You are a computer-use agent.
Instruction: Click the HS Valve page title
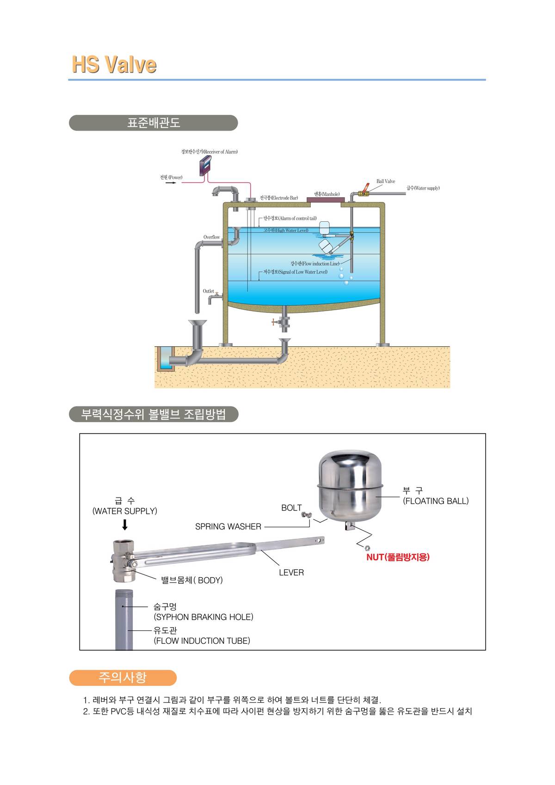114,64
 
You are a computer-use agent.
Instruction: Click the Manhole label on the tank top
327,194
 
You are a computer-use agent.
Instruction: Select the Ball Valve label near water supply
385,181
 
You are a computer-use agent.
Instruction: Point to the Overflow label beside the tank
211,237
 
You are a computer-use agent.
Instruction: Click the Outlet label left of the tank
208,291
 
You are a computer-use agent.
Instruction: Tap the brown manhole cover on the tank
326,199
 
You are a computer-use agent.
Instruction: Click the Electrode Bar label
278,198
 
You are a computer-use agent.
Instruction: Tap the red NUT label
398,557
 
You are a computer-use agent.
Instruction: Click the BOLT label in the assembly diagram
291,508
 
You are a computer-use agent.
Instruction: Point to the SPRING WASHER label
228,527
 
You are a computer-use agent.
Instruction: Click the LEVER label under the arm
291,573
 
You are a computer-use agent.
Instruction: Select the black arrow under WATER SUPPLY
124,525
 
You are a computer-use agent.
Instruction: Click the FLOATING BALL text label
436,501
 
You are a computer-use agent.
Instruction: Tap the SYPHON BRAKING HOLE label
203,617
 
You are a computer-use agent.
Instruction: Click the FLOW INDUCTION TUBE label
202,641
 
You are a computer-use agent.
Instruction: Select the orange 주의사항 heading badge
123,678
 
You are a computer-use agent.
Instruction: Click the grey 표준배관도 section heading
153,123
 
